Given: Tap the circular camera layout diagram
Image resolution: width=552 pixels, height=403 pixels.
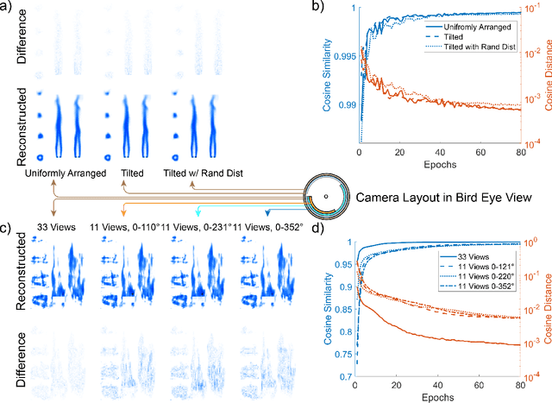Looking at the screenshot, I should pos(325,197).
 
